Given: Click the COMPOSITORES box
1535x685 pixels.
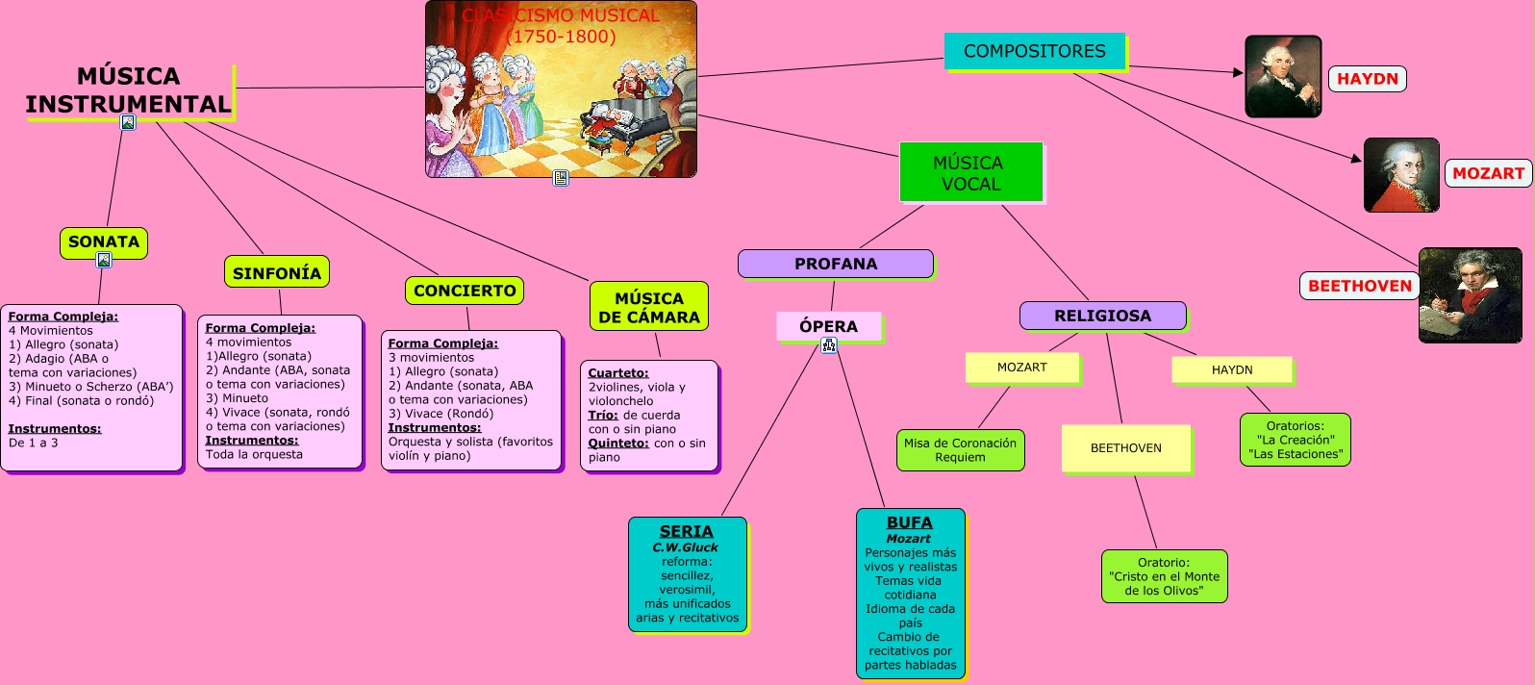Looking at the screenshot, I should [x=1034, y=51].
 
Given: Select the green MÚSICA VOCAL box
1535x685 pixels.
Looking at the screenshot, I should [x=970, y=173].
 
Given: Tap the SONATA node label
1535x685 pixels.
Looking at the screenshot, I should [x=104, y=241].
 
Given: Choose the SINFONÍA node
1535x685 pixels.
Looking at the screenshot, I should [x=277, y=272].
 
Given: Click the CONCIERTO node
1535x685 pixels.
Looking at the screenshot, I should [x=465, y=290].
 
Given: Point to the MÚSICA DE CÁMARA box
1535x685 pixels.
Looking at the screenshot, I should [x=649, y=307].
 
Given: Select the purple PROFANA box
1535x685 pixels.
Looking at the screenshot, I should [x=835, y=264].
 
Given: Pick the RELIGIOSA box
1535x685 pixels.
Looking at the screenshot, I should [x=1102, y=316].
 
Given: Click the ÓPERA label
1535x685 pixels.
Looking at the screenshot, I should [x=828, y=326].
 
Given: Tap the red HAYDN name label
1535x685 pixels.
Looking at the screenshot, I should [x=1367, y=79].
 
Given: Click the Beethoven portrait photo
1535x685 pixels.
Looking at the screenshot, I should [x=1470, y=295].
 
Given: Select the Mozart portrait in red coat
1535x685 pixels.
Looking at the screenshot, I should [x=1401, y=175].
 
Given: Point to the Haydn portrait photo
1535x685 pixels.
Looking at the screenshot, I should [x=1283, y=77].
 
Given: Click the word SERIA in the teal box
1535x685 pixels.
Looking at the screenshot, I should [x=687, y=531].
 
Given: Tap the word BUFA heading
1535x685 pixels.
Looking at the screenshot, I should [x=910, y=522].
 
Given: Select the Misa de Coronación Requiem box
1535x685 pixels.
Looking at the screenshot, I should [x=960, y=450].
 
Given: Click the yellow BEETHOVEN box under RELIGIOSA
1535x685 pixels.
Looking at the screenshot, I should [x=1126, y=448].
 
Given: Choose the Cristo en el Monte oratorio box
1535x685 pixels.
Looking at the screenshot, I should [x=1164, y=576].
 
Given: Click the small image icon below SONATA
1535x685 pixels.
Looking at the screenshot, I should [x=104, y=260].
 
